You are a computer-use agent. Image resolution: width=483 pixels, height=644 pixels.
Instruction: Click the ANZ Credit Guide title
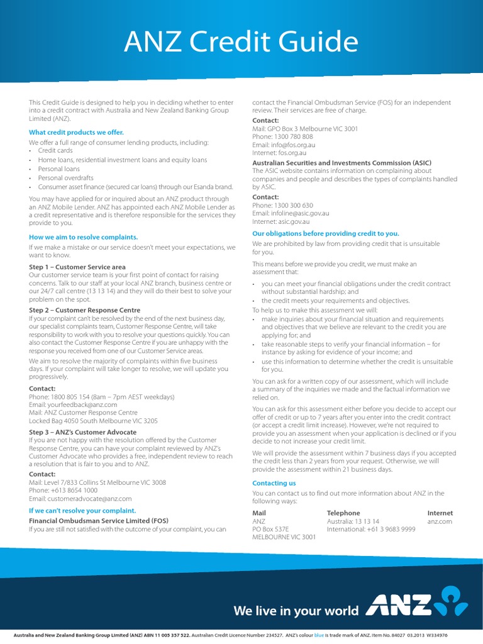(x=241, y=42)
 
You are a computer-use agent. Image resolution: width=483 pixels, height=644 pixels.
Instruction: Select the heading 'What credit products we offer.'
(x=76, y=132)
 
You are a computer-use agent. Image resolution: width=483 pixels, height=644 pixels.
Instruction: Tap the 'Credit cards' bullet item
(x=55, y=151)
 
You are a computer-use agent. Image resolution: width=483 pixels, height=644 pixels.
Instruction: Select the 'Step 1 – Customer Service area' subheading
(x=77, y=267)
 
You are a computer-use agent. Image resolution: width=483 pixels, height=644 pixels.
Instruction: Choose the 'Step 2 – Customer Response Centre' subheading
(x=85, y=310)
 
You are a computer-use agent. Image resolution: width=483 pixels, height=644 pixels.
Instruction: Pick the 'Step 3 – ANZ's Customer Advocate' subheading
(x=82, y=432)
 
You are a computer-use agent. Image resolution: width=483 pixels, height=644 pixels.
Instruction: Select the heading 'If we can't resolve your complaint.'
(x=82, y=511)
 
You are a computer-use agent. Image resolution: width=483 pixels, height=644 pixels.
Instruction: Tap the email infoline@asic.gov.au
(x=299, y=213)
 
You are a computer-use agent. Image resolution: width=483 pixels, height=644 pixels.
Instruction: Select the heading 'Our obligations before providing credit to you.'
(x=325, y=233)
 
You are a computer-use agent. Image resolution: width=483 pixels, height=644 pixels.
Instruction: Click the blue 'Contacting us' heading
(x=274, y=483)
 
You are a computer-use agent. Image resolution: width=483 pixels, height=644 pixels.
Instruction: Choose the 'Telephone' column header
(x=343, y=513)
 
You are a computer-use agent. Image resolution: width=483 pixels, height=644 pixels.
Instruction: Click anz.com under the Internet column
(x=440, y=521)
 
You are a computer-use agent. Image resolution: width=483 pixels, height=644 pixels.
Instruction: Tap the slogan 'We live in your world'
(x=296, y=611)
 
